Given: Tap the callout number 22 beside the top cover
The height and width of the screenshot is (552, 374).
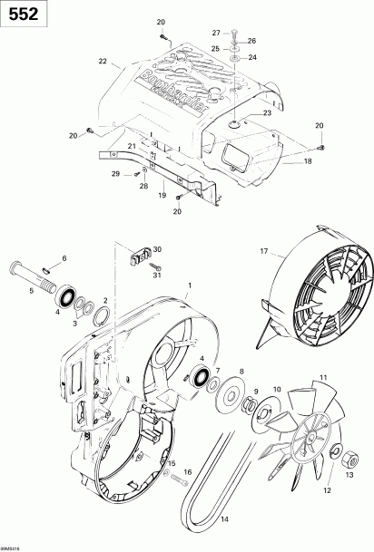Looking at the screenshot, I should coord(103,61).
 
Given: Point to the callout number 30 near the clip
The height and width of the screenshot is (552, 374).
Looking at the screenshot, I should coord(158,248).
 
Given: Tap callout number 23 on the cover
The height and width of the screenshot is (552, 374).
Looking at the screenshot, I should coord(241,112).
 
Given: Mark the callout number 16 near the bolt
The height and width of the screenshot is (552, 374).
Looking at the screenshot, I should coord(189,473).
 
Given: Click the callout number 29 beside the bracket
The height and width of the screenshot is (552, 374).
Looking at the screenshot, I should coord(115,173).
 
